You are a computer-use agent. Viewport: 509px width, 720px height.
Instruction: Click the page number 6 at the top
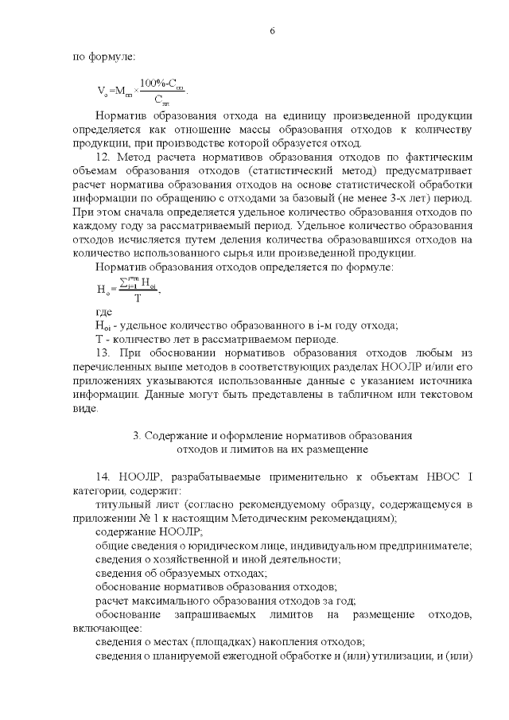pyautogui.click(x=272, y=30)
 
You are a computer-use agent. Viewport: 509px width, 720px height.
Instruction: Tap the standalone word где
pyautogui.click(x=103, y=313)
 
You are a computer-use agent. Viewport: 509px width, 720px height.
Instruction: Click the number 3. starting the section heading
pyautogui.click(x=138, y=435)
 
